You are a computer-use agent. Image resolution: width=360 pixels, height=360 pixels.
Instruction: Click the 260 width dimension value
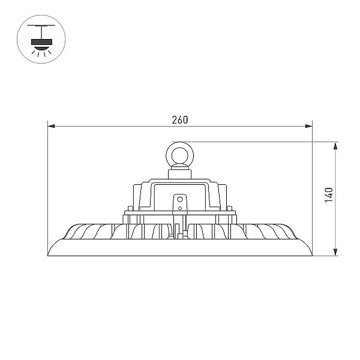pos(180,120)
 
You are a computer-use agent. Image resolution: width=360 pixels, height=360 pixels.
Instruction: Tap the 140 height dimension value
pos(329,195)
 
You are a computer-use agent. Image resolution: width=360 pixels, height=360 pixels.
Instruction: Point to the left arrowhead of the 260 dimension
pos(51,126)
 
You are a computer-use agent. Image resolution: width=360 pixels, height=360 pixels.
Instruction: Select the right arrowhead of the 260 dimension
pos(308,126)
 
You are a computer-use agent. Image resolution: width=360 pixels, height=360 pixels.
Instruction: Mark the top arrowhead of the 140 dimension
pos(335,146)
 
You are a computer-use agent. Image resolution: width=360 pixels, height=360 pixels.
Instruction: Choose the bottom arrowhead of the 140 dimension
pos(335,252)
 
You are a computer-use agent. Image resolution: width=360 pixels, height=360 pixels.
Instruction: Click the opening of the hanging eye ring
pos(180,155)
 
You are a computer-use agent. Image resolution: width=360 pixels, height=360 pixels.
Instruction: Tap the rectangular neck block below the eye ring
pos(180,174)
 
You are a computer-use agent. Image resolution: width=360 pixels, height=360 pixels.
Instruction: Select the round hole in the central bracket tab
pos(180,199)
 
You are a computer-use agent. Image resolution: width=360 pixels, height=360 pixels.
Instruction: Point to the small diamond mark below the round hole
pos(180,208)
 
